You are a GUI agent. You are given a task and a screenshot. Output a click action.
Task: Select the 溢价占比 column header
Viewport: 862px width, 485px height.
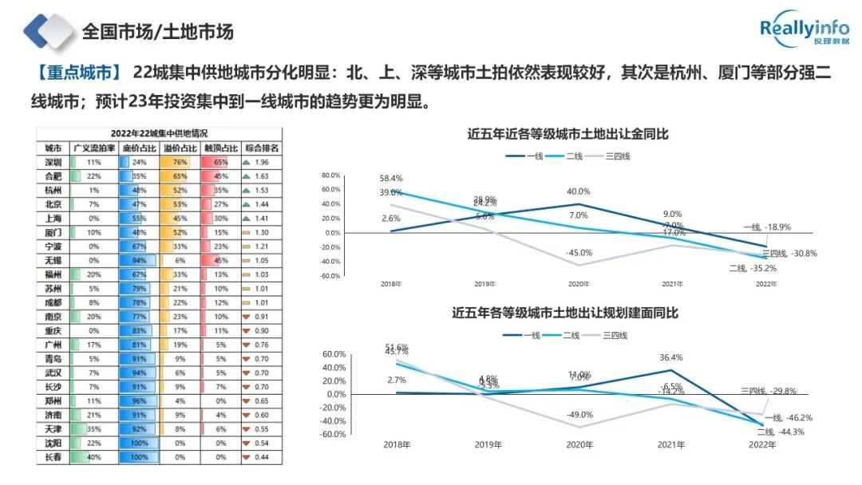point(180,148)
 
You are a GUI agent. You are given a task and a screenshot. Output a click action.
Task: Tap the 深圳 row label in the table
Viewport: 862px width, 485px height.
point(53,161)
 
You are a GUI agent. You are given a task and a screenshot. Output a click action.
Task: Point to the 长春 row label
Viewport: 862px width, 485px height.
point(53,457)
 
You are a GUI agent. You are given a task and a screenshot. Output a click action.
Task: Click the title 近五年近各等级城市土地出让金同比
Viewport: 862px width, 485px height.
point(567,134)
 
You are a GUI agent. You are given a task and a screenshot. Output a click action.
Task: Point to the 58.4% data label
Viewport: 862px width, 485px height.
point(391,179)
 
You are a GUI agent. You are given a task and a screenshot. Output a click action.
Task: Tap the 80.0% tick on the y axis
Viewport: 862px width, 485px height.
point(330,175)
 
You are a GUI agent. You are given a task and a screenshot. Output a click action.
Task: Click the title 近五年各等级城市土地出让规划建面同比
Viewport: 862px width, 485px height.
point(565,313)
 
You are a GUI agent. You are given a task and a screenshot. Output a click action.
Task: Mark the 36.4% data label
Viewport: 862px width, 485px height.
point(673,357)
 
